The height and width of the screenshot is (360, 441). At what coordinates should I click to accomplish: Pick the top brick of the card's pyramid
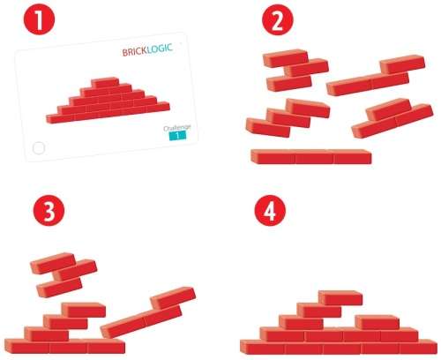point(105,82)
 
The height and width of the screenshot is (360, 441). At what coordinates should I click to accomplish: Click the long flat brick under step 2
point(310,157)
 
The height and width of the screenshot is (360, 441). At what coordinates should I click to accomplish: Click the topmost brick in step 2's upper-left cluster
point(288,56)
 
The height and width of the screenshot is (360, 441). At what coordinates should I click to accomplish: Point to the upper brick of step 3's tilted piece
point(173,298)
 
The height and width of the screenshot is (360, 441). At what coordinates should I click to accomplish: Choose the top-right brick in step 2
point(403,65)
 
